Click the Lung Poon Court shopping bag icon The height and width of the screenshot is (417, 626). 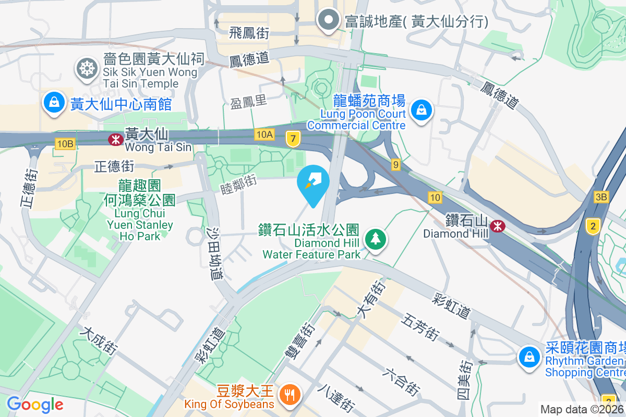click(420, 110)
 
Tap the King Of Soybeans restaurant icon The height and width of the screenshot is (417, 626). click(288, 394)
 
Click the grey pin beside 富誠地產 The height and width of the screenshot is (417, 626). click(329, 20)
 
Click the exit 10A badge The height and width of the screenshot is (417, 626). click(264, 134)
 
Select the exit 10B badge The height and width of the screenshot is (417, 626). click(65, 143)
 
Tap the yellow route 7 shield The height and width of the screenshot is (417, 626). click(293, 139)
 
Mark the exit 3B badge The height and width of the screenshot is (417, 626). click(601, 197)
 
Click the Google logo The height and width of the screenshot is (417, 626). click(35, 404)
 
